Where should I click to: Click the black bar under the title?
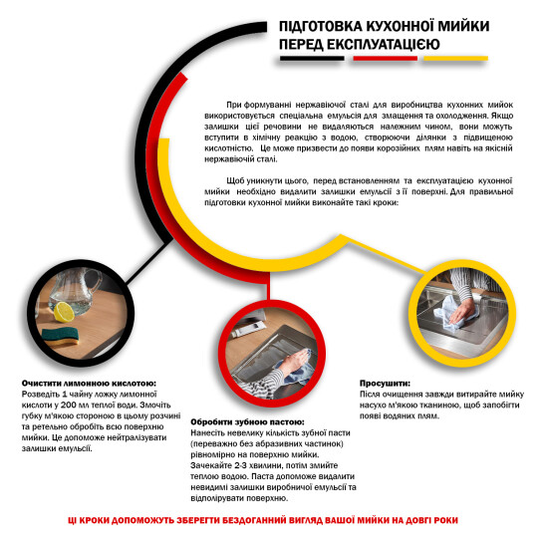[312, 59]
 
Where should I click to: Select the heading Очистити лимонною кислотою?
[88, 383]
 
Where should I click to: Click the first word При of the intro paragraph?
[235, 105]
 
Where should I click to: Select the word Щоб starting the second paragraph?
[236, 179]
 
